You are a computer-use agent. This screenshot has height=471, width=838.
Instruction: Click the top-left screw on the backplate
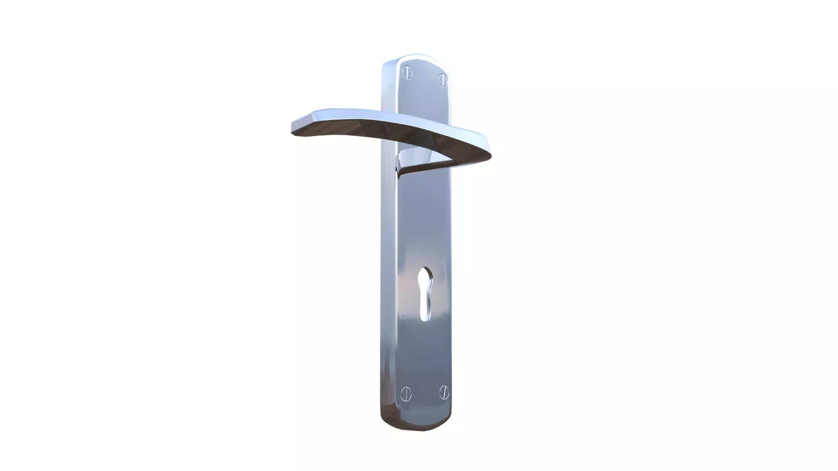(407, 73)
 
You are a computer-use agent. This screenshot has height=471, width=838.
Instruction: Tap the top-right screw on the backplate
(443, 80)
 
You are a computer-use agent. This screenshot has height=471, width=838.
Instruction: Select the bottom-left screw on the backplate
(406, 394)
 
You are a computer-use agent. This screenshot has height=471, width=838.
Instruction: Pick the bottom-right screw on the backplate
(444, 392)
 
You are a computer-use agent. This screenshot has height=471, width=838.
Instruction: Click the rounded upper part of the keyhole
(425, 276)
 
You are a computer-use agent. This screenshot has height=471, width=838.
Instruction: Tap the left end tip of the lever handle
(293, 128)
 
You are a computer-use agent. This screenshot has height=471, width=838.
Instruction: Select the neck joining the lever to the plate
(406, 159)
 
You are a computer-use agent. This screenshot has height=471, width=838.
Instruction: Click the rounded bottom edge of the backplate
(417, 428)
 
